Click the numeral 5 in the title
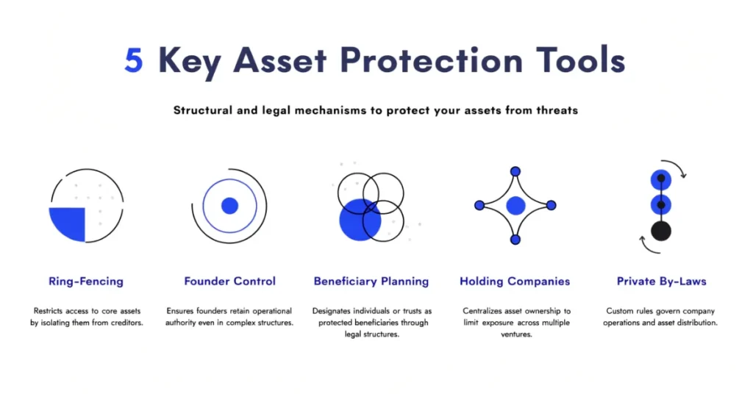pyautogui.click(x=134, y=60)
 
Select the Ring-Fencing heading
pyautogui.click(x=86, y=282)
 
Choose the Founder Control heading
pyautogui.click(x=229, y=282)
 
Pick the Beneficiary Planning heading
pyautogui.click(x=371, y=282)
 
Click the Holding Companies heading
pyautogui.click(x=515, y=282)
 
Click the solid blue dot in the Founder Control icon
pyautogui.click(x=229, y=206)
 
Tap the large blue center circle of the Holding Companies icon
pyautogui.click(x=515, y=206)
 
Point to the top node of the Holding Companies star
pyautogui.click(x=515, y=171)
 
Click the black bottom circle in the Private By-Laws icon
pyautogui.click(x=661, y=231)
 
